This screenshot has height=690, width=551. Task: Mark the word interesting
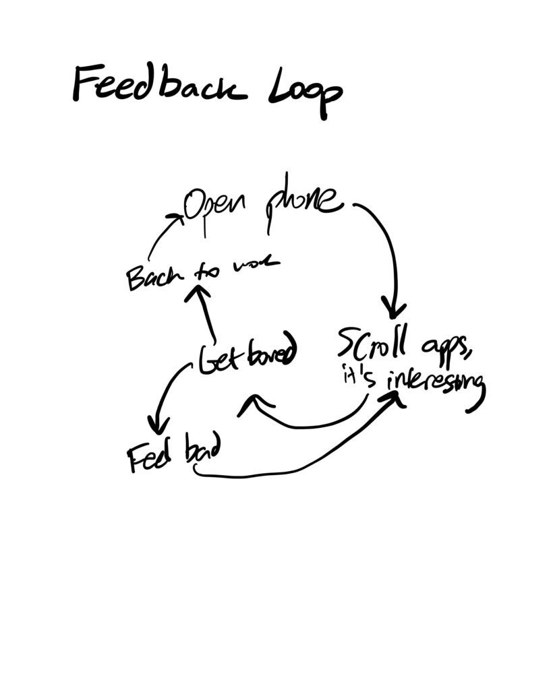point(435,385)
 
